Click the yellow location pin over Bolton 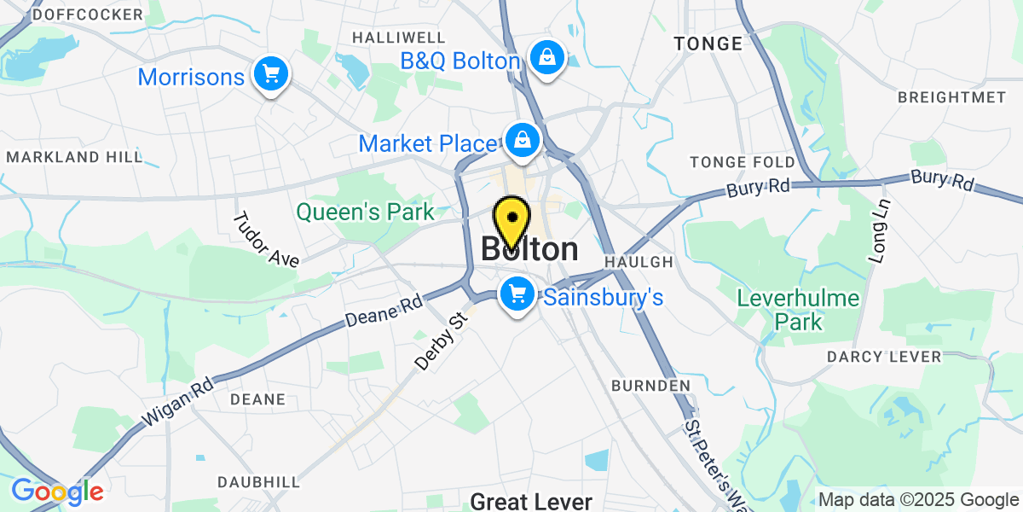click(x=512, y=219)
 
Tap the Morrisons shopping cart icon click(x=271, y=75)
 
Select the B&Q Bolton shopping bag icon click(x=545, y=58)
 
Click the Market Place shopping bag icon click(x=520, y=139)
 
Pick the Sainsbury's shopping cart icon click(x=517, y=294)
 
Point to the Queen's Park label click(x=365, y=212)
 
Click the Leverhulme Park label click(x=780, y=310)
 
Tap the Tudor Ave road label click(x=266, y=239)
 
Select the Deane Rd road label click(x=384, y=312)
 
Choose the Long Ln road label click(x=879, y=230)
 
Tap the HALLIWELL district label click(x=399, y=38)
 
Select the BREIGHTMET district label click(x=951, y=97)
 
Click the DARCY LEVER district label click(x=884, y=356)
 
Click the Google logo click(x=57, y=492)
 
